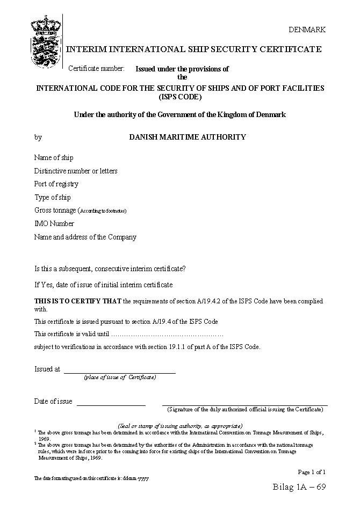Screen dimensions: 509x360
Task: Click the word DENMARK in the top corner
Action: pos(307,30)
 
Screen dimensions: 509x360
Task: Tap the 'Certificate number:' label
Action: pos(96,68)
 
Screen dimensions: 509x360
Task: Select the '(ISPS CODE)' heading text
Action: pos(180,97)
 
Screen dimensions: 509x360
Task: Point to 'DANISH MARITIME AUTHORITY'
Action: pos(188,137)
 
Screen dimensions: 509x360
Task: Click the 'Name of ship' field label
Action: pos(54,158)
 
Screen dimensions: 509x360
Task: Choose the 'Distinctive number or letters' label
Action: pos(76,171)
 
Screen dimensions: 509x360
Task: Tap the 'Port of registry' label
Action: pos(56,184)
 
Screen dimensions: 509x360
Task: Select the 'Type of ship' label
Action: pos(53,198)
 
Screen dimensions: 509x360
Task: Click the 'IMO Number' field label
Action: pos(54,224)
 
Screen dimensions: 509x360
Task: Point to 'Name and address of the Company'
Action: pos(85,237)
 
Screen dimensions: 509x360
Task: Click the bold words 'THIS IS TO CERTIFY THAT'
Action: pos(78,301)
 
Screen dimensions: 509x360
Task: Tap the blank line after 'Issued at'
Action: pos(119,372)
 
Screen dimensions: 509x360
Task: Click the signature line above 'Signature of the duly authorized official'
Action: pos(244,404)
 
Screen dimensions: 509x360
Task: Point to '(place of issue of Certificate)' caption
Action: pos(120,377)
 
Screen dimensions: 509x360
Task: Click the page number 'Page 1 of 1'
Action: pos(312,472)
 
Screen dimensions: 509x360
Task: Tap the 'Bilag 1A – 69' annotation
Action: pos(299,488)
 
